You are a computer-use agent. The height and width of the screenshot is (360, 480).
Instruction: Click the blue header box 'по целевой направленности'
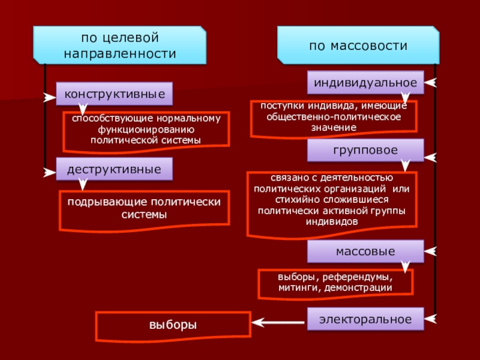[x=120, y=46]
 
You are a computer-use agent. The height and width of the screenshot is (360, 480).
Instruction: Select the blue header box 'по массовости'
[x=358, y=46]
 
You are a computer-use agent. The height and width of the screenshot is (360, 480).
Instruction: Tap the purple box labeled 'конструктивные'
[x=115, y=94]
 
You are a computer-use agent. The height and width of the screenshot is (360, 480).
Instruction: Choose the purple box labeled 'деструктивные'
[x=115, y=169]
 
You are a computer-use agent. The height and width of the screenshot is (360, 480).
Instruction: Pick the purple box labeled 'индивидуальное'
[x=366, y=83]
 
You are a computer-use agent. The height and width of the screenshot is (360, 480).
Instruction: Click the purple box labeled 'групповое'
[x=366, y=151]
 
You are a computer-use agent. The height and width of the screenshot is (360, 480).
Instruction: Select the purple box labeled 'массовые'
[x=366, y=251]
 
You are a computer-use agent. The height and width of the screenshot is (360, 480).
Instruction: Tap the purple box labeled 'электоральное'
[x=366, y=319]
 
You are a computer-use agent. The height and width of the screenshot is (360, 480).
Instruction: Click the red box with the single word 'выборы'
[x=173, y=325]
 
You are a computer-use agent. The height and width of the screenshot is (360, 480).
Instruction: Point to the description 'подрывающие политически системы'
[x=144, y=208]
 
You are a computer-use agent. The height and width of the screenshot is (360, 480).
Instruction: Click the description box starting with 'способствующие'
[x=146, y=129]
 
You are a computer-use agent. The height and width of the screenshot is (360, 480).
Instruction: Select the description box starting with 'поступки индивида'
[x=334, y=117]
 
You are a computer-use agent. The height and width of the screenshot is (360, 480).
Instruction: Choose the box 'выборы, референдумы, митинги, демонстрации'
[x=335, y=283]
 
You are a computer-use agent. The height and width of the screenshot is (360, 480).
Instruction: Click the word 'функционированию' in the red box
[x=146, y=129]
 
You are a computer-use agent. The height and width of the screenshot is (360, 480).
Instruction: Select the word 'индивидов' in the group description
[x=332, y=221]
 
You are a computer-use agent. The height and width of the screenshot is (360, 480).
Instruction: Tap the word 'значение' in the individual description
[x=334, y=127]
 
